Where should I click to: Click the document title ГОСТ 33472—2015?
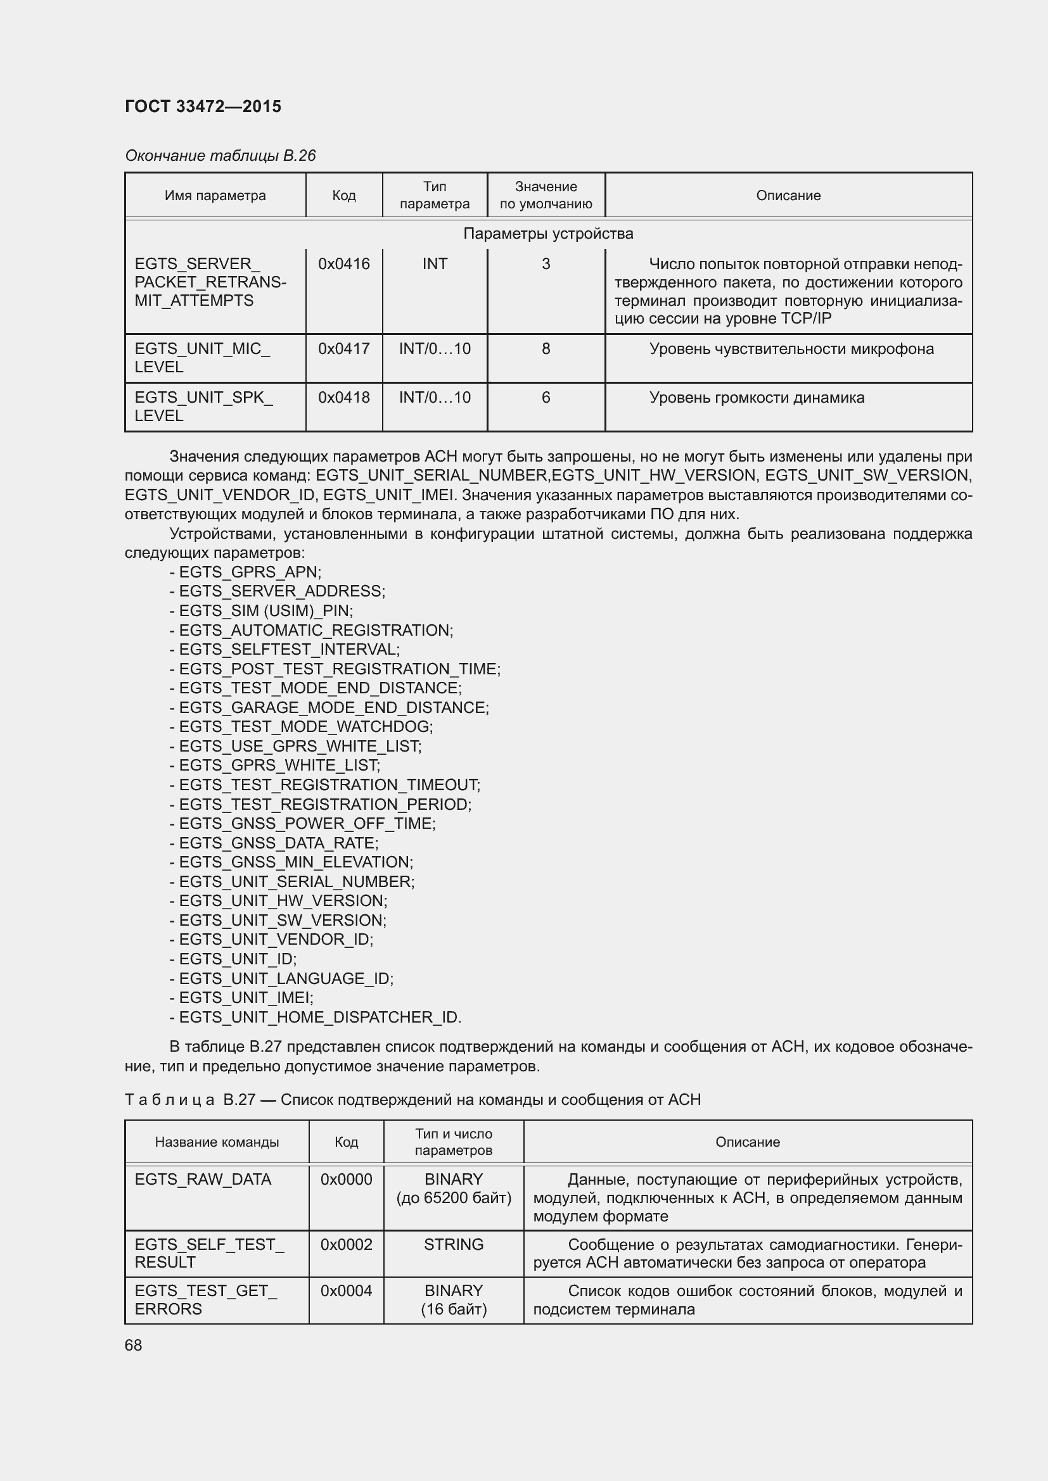pos(203,106)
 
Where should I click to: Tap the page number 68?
pos(134,1345)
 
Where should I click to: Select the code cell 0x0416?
pos(344,264)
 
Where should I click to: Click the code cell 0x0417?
pos(344,349)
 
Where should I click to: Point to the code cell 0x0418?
pos(344,398)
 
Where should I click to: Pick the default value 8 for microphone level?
pos(546,349)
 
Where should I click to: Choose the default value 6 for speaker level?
pos(546,398)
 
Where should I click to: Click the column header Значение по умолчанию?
pos(546,196)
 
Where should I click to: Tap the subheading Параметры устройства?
pos(548,234)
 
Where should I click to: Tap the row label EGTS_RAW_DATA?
pos(203,1180)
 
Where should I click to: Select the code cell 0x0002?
pos(347,1244)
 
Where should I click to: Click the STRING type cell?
pos(454,1244)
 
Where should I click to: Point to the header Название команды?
pos(217,1142)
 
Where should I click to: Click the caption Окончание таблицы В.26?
pos(220,156)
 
